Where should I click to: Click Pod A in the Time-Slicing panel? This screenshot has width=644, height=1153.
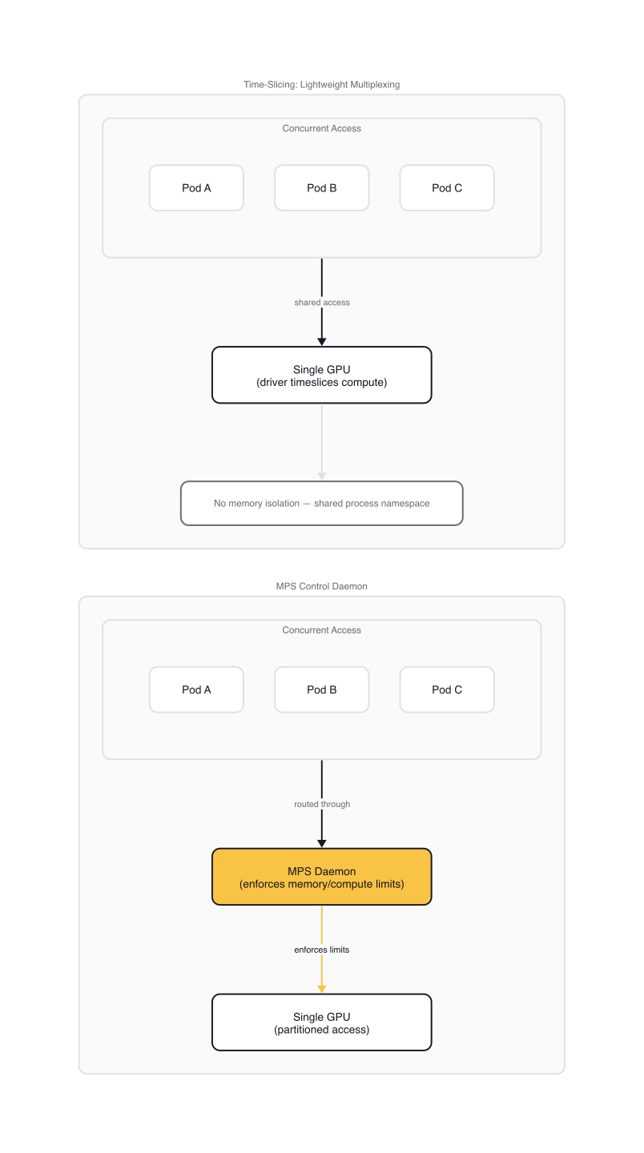tap(196, 188)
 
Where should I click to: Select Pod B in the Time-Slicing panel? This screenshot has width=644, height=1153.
tap(322, 188)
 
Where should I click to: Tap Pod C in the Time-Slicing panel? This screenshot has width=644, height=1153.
tap(447, 188)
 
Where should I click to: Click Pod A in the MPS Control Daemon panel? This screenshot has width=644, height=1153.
tap(196, 689)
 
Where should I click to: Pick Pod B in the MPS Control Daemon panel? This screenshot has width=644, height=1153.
tap(322, 689)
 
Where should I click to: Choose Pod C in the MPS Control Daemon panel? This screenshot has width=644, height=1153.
tap(447, 689)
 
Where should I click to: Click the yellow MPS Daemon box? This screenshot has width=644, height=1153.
tap(322, 877)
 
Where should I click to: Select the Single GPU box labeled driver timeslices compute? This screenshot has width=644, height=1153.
tap(322, 375)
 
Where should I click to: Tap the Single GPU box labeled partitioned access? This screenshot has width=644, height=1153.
tap(322, 1022)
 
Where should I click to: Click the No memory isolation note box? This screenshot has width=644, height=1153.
tap(322, 504)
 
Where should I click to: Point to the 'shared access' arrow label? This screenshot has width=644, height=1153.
tap(322, 303)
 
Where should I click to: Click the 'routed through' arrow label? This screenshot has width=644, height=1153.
tap(322, 804)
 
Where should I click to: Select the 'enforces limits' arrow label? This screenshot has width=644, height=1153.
tap(322, 950)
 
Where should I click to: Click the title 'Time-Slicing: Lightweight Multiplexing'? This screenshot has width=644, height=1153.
tap(322, 85)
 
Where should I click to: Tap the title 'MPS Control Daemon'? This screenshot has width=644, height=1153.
tap(322, 586)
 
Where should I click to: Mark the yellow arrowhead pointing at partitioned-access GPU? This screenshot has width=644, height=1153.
tap(322, 989)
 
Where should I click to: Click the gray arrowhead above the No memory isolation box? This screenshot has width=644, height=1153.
tap(322, 476)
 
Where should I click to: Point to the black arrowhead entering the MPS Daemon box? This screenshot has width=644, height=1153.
tap(322, 843)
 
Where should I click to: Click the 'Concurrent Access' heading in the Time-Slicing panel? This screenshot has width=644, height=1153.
tap(322, 128)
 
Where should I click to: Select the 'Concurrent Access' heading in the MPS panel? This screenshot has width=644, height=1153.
tap(322, 630)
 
